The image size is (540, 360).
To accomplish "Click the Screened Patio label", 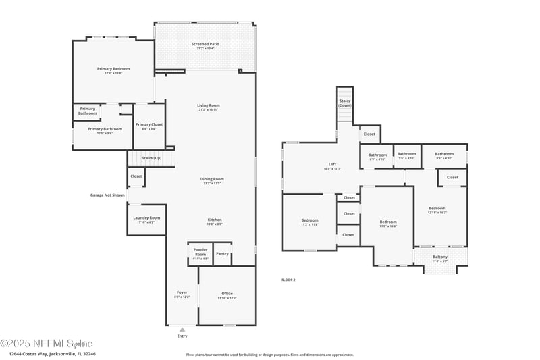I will point(205,45).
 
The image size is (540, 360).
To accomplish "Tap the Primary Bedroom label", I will point(113,69).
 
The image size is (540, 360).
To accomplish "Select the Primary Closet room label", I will point(148,125).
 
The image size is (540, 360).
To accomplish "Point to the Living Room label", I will point(208,106).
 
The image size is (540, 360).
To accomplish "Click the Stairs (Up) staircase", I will point(151,159).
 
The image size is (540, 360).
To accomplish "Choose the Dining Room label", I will point(212,180).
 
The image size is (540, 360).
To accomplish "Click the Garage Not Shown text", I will point(107,195).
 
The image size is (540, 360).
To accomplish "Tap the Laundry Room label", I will point(146,218).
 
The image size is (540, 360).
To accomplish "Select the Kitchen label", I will point(215,220).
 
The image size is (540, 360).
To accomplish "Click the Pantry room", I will point(222,254).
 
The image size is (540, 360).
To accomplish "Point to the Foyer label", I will point(182,293).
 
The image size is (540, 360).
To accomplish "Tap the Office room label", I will point(227,294).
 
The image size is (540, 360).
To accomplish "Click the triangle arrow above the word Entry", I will point(182,329).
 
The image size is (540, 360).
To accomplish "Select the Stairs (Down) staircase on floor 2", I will point(345,105).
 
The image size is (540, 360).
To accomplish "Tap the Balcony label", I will point(439,257).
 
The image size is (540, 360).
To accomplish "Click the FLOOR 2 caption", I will point(288,280).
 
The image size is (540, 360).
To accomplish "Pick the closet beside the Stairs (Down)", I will point(369,134).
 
